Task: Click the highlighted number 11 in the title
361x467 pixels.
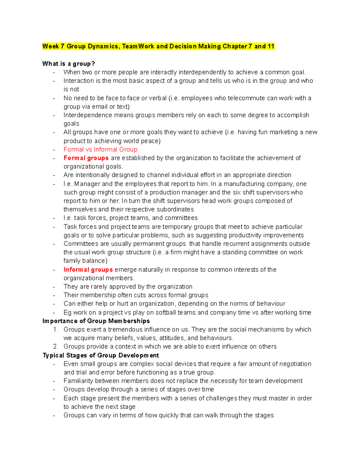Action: tap(271, 46)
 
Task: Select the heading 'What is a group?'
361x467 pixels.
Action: tap(69, 64)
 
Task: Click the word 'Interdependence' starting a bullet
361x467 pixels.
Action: tap(83, 115)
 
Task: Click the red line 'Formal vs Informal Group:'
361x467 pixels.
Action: tap(101, 149)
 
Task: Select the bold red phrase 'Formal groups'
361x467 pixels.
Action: tap(86, 158)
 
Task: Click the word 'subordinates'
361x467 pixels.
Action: tap(175, 209)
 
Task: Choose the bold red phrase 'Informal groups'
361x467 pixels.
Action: tap(88, 270)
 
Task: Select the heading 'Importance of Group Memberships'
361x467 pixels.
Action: tap(96, 321)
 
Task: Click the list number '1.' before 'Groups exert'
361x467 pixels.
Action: tap(55, 330)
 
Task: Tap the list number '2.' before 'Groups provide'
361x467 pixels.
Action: tap(55, 346)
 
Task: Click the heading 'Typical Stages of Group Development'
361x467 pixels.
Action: tap(101, 355)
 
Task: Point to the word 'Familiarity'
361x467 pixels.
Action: tap(79, 381)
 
